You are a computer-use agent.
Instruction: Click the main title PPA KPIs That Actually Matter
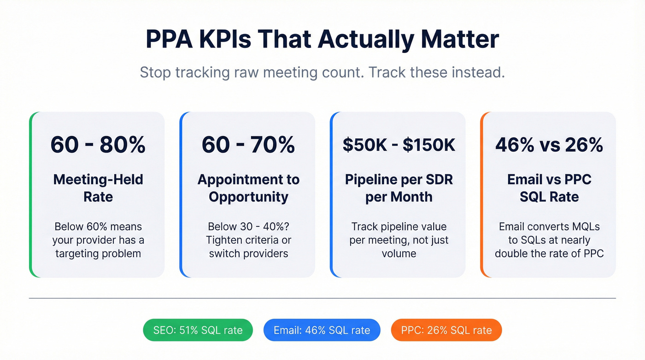(x=322, y=39)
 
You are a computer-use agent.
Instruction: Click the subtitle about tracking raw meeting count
(x=322, y=73)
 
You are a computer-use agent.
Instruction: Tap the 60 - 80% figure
(x=98, y=145)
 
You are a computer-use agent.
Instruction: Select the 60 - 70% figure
(x=248, y=145)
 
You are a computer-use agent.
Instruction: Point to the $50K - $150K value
(x=399, y=145)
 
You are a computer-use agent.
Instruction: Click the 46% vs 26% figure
(x=549, y=145)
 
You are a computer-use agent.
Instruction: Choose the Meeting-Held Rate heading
(x=98, y=188)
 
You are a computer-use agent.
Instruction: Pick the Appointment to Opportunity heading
(x=248, y=188)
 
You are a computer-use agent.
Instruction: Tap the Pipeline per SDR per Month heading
(x=399, y=188)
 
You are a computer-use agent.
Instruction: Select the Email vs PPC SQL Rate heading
(x=549, y=188)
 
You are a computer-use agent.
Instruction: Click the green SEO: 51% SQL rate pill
(x=198, y=330)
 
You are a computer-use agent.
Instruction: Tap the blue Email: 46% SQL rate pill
(x=322, y=330)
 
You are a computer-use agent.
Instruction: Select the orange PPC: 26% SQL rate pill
(x=446, y=330)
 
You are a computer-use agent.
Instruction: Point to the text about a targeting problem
(x=98, y=240)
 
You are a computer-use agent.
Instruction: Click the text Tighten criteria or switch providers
(x=248, y=247)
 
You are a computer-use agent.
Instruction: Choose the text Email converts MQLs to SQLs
(x=549, y=233)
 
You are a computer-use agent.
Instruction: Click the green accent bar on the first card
(x=31, y=195)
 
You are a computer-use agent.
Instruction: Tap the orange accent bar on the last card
(x=482, y=195)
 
